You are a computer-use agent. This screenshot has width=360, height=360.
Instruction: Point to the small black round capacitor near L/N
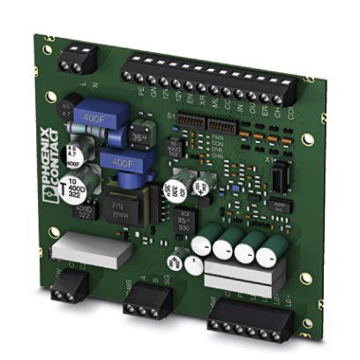65,110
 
